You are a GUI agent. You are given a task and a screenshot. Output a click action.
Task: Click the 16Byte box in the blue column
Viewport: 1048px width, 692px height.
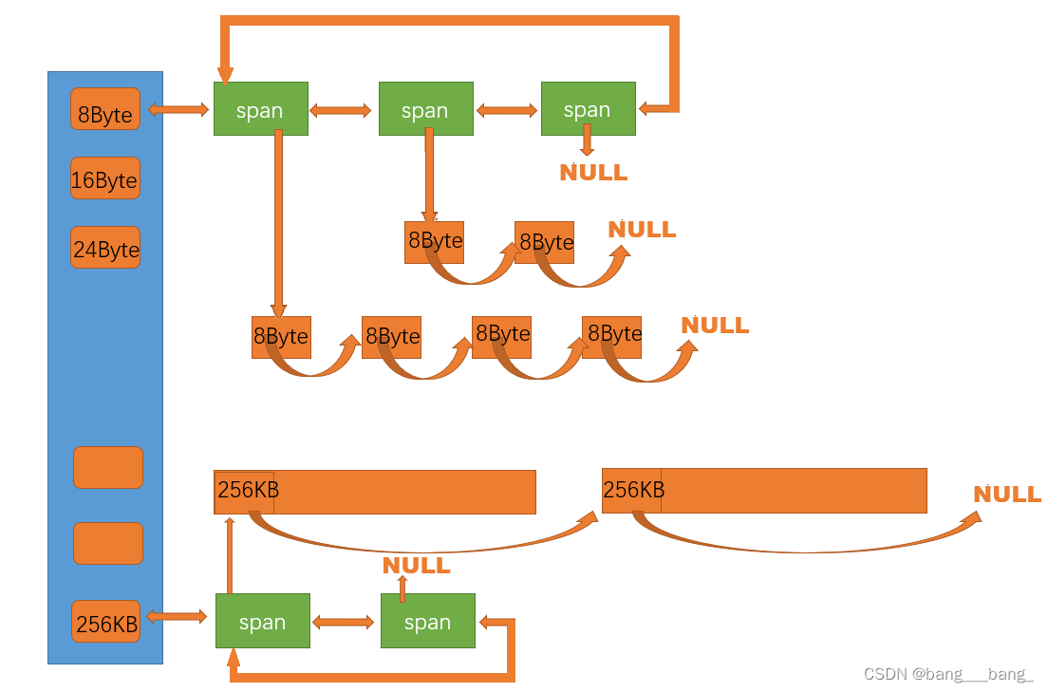point(105,178)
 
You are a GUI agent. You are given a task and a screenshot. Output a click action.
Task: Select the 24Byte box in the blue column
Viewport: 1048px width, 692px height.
point(105,248)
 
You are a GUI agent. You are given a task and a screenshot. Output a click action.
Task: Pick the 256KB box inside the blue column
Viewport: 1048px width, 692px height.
point(106,622)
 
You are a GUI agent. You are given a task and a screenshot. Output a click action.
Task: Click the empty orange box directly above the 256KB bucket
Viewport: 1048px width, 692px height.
point(108,543)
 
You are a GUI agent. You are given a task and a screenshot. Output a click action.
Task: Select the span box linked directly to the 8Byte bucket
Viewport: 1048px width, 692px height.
point(261,109)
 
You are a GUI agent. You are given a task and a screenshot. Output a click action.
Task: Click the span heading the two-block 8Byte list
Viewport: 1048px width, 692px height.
point(425,109)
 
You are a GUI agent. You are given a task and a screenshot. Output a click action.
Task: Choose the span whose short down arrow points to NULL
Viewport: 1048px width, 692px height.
point(588,109)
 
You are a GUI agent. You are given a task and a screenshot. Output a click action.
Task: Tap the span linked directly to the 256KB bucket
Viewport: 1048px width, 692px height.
point(263,621)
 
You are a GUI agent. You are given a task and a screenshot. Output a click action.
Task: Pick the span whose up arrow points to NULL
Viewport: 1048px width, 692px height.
point(427,621)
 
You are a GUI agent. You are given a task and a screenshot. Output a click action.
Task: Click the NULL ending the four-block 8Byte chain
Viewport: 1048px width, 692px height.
point(715,326)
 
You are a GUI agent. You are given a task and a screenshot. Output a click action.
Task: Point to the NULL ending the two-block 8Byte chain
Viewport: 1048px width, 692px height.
point(642,230)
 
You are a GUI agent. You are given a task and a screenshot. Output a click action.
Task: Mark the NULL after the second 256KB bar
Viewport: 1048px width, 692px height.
point(1007,495)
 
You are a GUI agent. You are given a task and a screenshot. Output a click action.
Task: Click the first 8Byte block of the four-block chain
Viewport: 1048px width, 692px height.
point(281,337)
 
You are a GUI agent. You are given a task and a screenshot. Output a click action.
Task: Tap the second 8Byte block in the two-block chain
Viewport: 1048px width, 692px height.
point(545,242)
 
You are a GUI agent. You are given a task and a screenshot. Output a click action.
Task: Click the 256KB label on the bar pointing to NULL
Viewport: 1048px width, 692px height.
point(632,491)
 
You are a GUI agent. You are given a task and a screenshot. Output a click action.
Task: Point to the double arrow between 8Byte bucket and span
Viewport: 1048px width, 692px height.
point(178,110)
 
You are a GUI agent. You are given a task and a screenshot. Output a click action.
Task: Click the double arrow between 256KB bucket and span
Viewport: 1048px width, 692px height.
point(178,617)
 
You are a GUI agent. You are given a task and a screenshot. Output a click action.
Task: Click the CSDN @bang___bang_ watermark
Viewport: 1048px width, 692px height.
point(947,674)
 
